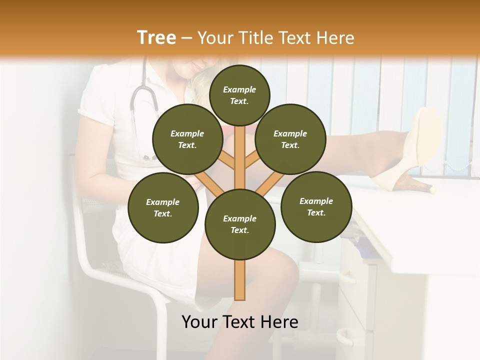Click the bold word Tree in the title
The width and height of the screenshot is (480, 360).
click(156, 37)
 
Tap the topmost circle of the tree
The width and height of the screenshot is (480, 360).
click(239, 95)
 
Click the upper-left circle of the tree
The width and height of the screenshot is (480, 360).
click(187, 139)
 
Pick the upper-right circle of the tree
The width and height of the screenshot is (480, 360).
click(290, 139)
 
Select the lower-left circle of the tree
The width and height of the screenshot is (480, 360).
click(163, 207)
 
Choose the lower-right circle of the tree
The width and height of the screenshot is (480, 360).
click(316, 206)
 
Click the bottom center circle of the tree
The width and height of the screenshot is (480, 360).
click(240, 224)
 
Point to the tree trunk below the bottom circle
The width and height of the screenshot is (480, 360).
click(240, 280)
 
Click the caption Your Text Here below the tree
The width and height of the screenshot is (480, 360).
click(240, 322)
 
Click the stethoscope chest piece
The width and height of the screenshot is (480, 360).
click(148, 157)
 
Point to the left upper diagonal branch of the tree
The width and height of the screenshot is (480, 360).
click(227, 160)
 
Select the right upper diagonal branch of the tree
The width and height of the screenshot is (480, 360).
click(252, 160)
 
